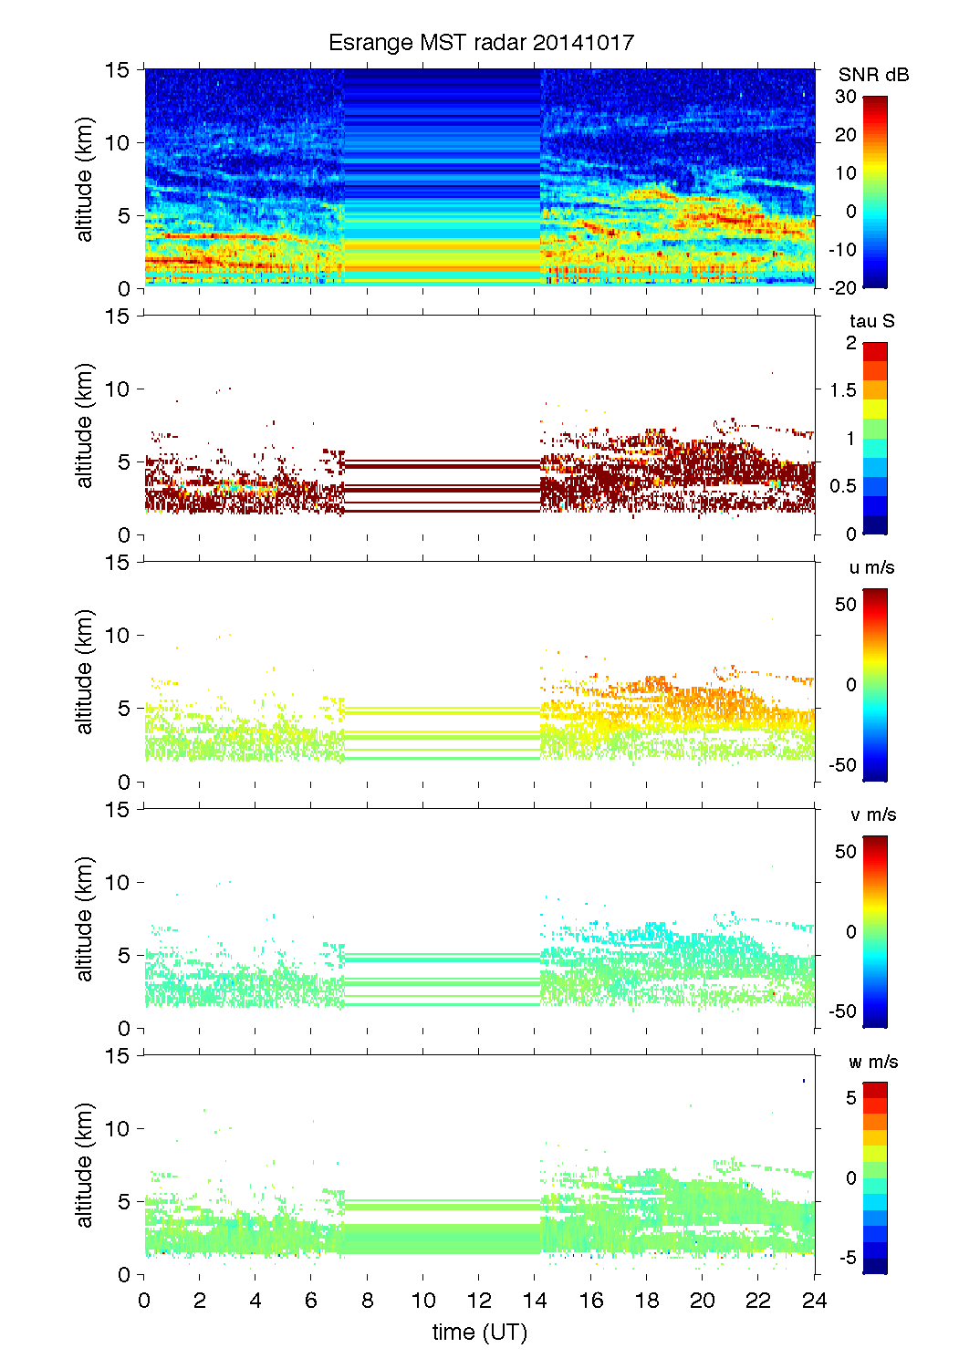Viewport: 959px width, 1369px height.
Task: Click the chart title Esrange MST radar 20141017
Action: pyautogui.click(x=481, y=43)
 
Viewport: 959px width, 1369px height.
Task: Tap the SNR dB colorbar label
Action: pyautogui.click(x=873, y=75)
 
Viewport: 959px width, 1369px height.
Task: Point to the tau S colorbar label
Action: pyautogui.click(x=871, y=321)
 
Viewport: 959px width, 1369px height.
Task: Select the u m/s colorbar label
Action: pyautogui.click(x=871, y=567)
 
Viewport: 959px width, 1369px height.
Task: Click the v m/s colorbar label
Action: pyautogui.click(x=872, y=814)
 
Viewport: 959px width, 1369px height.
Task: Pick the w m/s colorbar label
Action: pyautogui.click(x=872, y=1062)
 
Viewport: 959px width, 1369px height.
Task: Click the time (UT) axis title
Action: pyautogui.click(x=480, y=1333)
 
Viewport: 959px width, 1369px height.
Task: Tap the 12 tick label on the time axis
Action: pyautogui.click(x=479, y=1301)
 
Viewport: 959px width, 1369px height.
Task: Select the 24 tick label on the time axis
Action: pyautogui.click(x=814, y=1301)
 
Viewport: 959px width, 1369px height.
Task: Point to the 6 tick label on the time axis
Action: pyautogui.click(x=311, y=1301)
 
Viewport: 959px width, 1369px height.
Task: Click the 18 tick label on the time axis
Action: pyautogui.click(x=647, y=1301)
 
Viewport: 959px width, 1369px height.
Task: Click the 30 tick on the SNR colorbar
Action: pyautogui.click(x=846, y=97)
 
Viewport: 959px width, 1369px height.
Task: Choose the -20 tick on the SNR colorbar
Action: pyautogui.click(x=843, y=287)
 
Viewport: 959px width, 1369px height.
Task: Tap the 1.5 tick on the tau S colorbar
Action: pyautogui.click(x=843, y=390)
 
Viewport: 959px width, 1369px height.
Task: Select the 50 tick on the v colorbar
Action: pyautogui.click(x=846, y=851)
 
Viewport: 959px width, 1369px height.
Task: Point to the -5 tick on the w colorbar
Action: pyautogui.click(x=848, y=1258)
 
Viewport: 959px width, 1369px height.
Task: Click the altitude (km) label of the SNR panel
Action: pyautogui.click(x=85, y=179)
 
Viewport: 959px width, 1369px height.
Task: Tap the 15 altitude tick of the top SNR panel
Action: pyautogui.click(x=120, y=70)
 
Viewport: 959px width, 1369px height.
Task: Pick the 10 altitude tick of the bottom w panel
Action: pyautogui.click(x=120, y=1129)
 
